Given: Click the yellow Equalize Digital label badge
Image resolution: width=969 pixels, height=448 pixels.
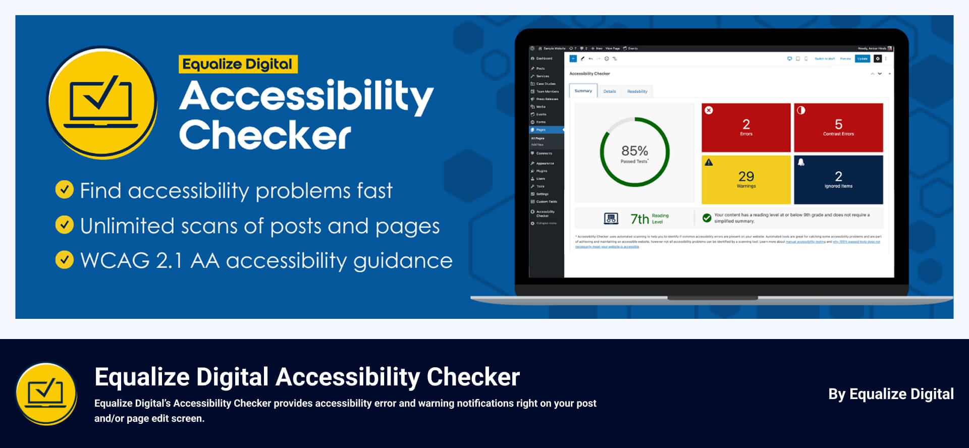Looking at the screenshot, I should tap(238, 65).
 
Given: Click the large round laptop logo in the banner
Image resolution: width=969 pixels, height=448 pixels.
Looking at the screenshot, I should tap(102, 103).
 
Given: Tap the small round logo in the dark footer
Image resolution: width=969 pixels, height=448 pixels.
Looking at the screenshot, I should tap(46, 394).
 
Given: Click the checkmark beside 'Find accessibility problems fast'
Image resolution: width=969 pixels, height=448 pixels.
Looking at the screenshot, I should tap(64, 190).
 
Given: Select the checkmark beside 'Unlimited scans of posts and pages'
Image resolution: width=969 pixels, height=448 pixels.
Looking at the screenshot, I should tap(64, 225).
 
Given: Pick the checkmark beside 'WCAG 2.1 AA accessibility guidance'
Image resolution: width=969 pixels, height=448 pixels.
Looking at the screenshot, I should tap(64, 260).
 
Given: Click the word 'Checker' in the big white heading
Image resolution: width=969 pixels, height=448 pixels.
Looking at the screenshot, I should tap(265, 135).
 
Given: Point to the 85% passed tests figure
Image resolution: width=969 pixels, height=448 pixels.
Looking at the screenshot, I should tap(634, 151).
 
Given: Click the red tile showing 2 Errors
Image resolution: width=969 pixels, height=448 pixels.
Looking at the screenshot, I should tap(746, 128).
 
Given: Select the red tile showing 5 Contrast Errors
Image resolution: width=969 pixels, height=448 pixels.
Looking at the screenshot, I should tap(838, 128).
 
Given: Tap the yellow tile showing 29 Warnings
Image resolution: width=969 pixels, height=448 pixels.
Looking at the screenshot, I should tap(746, 180).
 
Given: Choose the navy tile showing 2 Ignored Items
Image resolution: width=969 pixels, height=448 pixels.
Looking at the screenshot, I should tap(838, 180).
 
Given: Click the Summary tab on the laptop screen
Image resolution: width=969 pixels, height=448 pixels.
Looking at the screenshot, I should tap(583, 91).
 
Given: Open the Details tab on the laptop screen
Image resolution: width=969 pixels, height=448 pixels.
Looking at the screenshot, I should tap(610, 92).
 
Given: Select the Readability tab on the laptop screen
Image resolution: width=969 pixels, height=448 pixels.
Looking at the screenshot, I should tap(637, 92).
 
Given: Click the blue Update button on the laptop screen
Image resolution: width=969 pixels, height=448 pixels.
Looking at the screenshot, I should tap(863, 59).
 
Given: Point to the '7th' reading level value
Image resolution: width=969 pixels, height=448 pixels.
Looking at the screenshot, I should tap(639, 219).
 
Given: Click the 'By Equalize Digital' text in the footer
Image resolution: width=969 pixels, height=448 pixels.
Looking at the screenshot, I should tap(891, 394).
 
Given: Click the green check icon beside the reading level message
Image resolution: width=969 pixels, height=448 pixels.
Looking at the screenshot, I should tap(707, 218).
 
